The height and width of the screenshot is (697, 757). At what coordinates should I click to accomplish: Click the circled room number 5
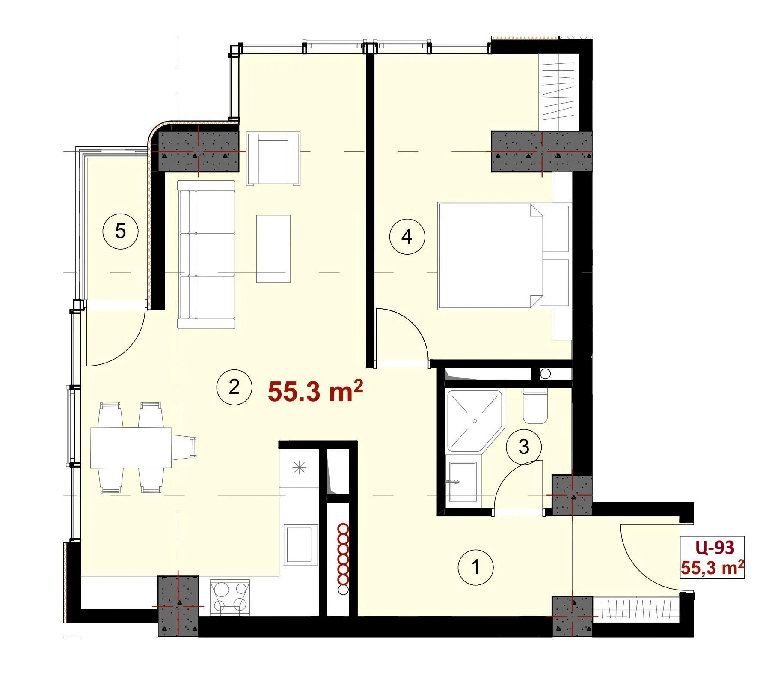click(x=121, y=232)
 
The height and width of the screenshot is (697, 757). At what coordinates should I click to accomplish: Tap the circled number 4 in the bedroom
click(x=407, y=236)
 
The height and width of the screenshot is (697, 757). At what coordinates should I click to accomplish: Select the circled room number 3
click(x=524, y=447)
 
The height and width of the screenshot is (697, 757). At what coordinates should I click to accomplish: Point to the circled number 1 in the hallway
click(x=475, y=568)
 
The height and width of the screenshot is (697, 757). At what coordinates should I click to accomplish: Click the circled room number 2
click(x=234, y=387)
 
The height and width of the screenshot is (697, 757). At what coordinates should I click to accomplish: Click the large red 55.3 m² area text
click(x=315, y=391)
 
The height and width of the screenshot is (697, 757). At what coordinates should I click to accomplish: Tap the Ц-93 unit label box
click(x=712, y=557)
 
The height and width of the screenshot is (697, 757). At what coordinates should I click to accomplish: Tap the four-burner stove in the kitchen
click(x=230, y=598)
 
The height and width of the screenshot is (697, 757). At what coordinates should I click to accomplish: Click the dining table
click(x=131, y=447)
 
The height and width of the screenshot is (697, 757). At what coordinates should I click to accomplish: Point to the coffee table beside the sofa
click(x=273, y=249)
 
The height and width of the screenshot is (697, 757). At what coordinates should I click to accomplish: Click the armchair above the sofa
click(x=273, y=159)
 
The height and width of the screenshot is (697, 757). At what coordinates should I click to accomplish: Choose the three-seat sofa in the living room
click(x=207, y=254)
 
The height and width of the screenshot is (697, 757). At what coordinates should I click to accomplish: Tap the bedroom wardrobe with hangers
click(x=559, y=92)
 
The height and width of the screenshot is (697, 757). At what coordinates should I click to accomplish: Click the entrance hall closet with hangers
click(x=636, y=608)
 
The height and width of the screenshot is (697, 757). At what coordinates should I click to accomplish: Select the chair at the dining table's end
click(x=184, y=447)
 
